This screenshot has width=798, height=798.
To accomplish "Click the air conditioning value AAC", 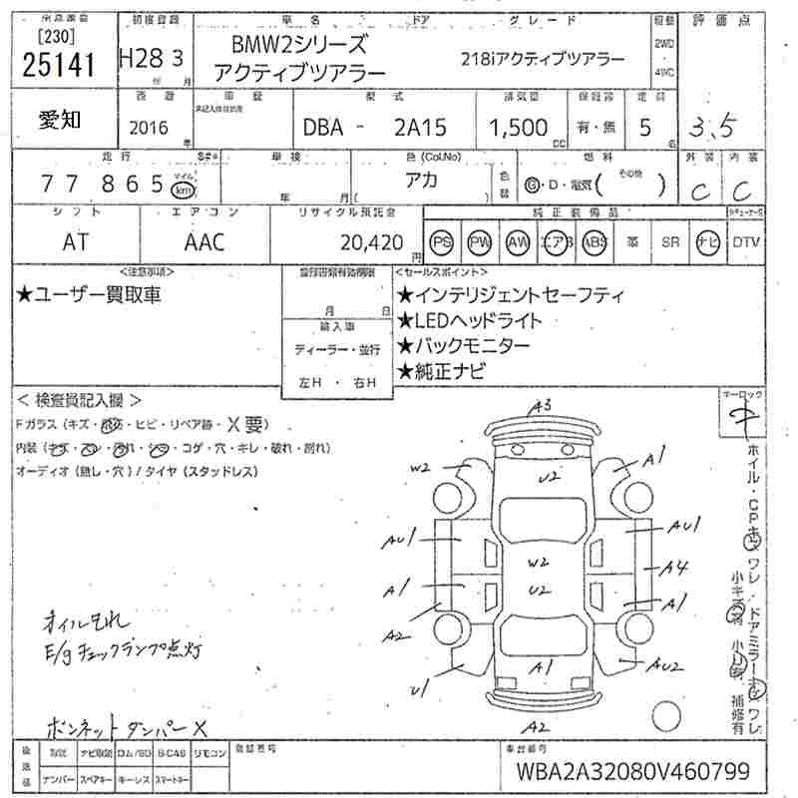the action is click(203, 240).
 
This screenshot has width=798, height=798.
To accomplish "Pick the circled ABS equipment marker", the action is click(596, 241).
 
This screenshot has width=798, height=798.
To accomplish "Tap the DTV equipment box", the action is click(746, 241).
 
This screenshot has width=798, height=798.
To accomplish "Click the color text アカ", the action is click(428, 183).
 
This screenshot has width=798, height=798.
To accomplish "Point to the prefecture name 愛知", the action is click(60, 120).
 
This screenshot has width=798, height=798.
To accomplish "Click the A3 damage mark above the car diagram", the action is click(542, 405).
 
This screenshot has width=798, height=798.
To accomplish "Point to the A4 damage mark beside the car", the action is click(677, 568).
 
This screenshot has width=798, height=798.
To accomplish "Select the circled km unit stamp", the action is click(185, 190).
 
